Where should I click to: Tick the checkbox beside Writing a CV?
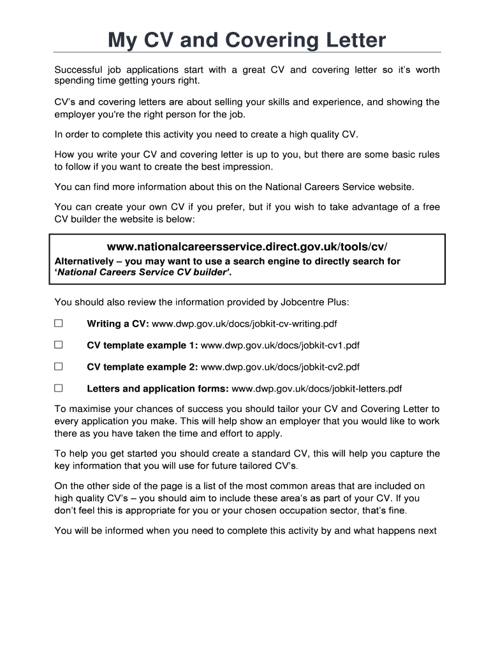tap(59, 323)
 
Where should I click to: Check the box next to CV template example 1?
tap(59, 345)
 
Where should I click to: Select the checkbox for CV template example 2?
tap(59, 367)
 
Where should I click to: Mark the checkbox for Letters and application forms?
tap(59, 388)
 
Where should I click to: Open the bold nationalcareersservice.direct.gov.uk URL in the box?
tap(247, 247)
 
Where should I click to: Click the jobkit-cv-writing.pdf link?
tap(244, 324)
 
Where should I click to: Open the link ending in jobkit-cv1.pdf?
tap(280, 346)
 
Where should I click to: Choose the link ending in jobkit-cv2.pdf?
tap(280, 367)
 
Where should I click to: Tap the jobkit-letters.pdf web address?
tap(317, 388)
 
